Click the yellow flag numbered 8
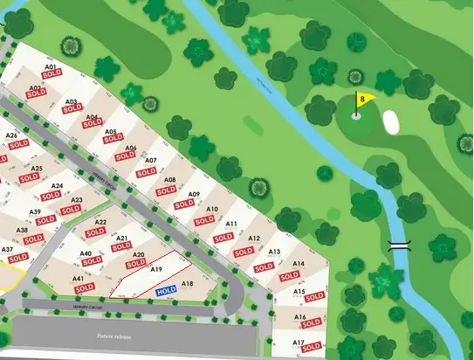pyautogui.click(x=364, y=99)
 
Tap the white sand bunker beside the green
pyautogui.click(x=391, y=122)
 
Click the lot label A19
pyautogui.click(x=157, y=269)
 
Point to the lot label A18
pyautogui.click(x=186, y=284)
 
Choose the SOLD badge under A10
pyautogui.click(x=204, y=221)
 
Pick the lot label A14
pyautogui.click(x=298, y=263)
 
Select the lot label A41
pyautogui.click(x=79, y=279)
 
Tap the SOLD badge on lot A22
pyautogui.click(x=99, y=233)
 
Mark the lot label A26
pyautogui.click(x=12, y=135)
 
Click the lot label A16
pyautogui.click(x=299, y=317)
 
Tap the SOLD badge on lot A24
pyautogui.click(x=51, y=196)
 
